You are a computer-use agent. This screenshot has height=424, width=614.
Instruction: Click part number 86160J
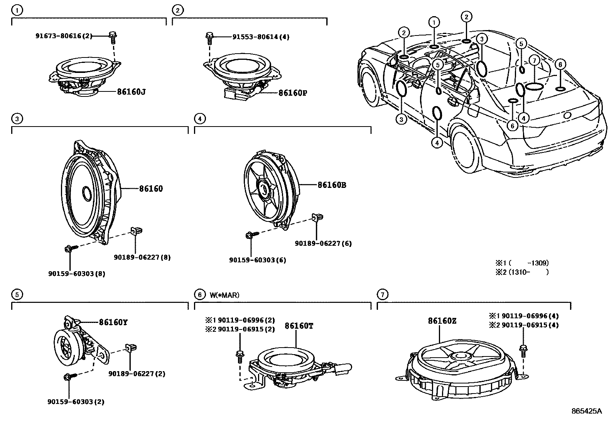(x=131, y=92)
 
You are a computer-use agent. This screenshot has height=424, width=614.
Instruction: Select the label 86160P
(x=293, y=93)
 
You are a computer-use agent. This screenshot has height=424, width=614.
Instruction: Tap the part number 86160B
(x=332, y=185)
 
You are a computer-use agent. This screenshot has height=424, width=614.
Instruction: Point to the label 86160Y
(x=113, y=323)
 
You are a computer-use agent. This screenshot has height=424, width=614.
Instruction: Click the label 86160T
(x=299, y=326)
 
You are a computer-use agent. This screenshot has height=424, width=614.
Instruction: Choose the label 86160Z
(x=442, y=321)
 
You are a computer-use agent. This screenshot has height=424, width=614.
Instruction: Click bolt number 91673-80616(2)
(x=64, y=36)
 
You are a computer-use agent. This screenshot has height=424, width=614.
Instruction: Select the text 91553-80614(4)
(x=261, y=37)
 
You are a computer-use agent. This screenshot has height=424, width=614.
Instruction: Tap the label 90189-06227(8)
(x=142, y=257)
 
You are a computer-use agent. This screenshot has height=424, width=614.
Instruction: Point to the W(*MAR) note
(x=225, y=295)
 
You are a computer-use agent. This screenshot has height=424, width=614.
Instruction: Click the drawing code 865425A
(x=586, y=411)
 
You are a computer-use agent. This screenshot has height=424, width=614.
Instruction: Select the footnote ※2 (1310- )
(x=522, y=272)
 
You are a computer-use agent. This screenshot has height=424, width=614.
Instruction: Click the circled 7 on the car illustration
(x=534, y=61)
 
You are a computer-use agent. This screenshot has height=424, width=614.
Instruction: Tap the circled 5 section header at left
(x=17, y=295)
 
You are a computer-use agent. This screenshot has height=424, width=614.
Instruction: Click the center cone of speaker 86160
(x=86, y=192)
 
